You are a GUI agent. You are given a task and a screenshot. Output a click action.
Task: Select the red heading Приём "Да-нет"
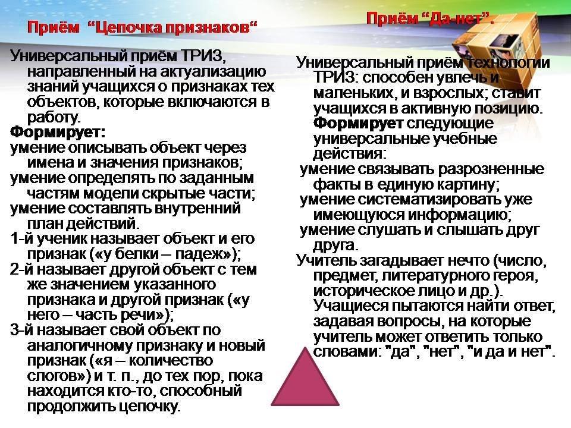click(x=430, y=18)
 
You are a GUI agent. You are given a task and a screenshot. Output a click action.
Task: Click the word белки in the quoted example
click(x=137, y=254)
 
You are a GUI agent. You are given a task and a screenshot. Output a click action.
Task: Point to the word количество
click(x=171, y=361)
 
